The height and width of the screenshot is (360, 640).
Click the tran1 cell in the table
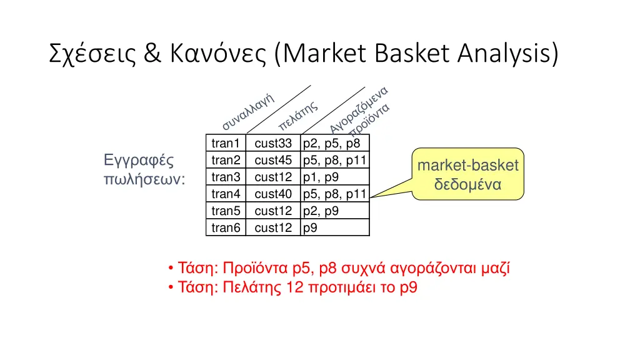[x=226, y=143]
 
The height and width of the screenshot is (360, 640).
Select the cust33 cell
[x=273, y=143]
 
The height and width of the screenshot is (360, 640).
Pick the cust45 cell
[x=273, y=160]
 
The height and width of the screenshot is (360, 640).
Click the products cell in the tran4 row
[x=334, y=194]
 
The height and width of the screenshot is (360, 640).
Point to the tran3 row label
[x=226, y=177]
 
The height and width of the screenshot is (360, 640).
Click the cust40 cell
[x=273, y=194]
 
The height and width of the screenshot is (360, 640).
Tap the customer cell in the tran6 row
[x=273, y=227]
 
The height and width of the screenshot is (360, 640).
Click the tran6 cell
[x=226, y=227]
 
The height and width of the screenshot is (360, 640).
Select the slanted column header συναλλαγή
[x=249, y=111]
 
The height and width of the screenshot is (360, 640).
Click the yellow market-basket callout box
[x=467, y=174]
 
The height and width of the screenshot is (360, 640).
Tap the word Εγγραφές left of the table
[x=138, y=160]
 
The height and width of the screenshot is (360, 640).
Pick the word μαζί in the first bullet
[x=497, y=269]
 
